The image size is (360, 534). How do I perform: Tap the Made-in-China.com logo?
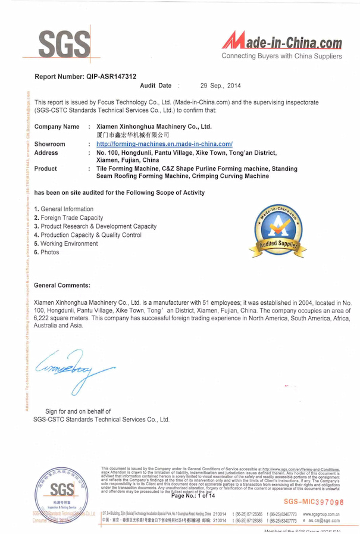(x=282, y=43)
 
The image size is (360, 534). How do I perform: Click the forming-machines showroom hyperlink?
(x=164, y=144)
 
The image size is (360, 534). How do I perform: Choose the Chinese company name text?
(x=128, y=135)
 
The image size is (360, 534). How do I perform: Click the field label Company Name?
(x=57, y=127)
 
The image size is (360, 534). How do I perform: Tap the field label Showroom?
(x=50, y=144)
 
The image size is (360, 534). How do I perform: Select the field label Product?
(x=46, y=169)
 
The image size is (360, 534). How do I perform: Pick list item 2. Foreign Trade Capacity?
(x=68, y=218)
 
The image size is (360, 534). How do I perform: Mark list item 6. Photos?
(x=47, y=252)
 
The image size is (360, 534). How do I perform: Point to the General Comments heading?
(x=62, y=285)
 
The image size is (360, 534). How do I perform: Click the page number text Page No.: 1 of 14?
(x=195, y=496)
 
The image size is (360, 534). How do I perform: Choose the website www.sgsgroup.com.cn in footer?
(x=321, y=513)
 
